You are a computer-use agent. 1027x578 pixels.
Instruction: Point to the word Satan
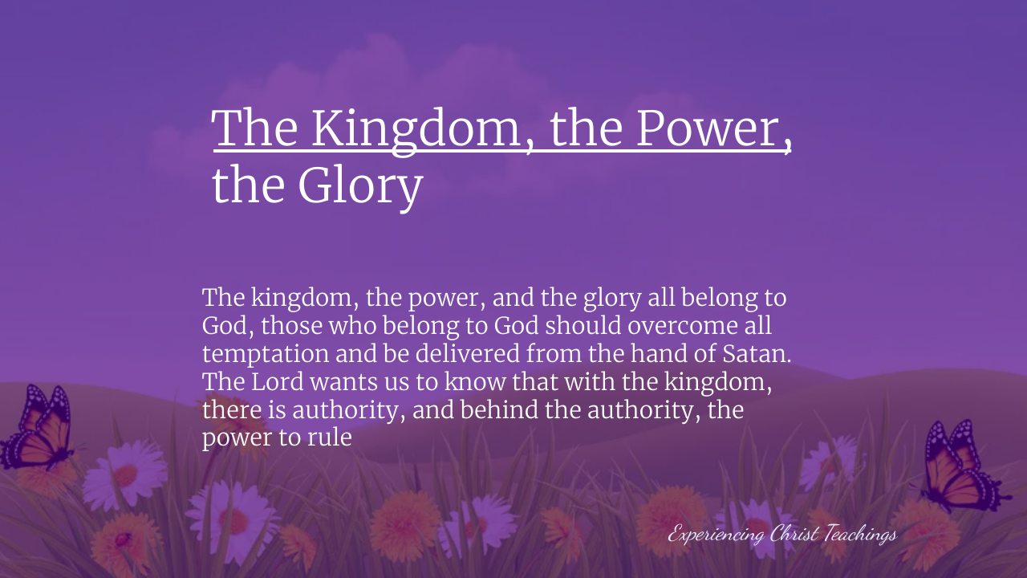click(757, 354)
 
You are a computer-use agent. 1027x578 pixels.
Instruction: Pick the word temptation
click(266, 355)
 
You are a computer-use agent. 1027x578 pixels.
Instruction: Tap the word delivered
click(467, 353)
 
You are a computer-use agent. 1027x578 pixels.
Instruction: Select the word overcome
click(683, 327)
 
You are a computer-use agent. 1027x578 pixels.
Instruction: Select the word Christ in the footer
click(794, 534)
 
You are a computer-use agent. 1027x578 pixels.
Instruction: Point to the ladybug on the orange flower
click(123, 539)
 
